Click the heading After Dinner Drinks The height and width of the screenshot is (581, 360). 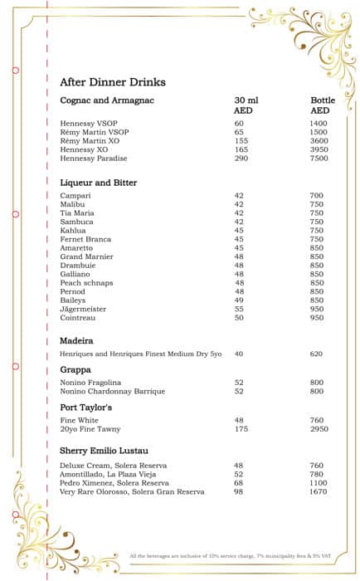pyautogui.click(x=112, y=82)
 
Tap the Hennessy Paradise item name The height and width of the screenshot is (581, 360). pyautogui.click(x=94, y=158)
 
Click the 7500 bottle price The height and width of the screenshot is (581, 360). pyautogui.click(x=319, y=158)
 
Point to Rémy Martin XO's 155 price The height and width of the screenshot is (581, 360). pyautogui.click(x=241, y=141)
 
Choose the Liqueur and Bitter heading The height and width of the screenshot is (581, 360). pyautogui.click(x=98, y=183)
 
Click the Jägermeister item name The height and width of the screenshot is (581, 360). pyautogui.click(x=83, y=308)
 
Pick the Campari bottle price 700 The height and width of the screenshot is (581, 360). pyautogui.click(x=316, y=196)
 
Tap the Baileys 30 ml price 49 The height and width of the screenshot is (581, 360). pyautogui.click(x=239, y=300)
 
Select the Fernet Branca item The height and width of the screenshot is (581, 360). pyautogui.click(x=85, y=239)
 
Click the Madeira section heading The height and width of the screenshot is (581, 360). pyautogui.click(x=76, y=340)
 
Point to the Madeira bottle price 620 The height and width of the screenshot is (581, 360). pyautogui.click(x=316, y=354)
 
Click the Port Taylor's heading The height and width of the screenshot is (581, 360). pyautogui.click(x=85, y=408)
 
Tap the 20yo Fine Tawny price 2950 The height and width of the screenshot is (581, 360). pyautogui.click(x=319, y=429)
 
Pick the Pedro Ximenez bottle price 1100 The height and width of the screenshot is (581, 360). pyautogui.click(x=319, y=483)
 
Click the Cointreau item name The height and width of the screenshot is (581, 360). pyautogui.click(x=77, y=317)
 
